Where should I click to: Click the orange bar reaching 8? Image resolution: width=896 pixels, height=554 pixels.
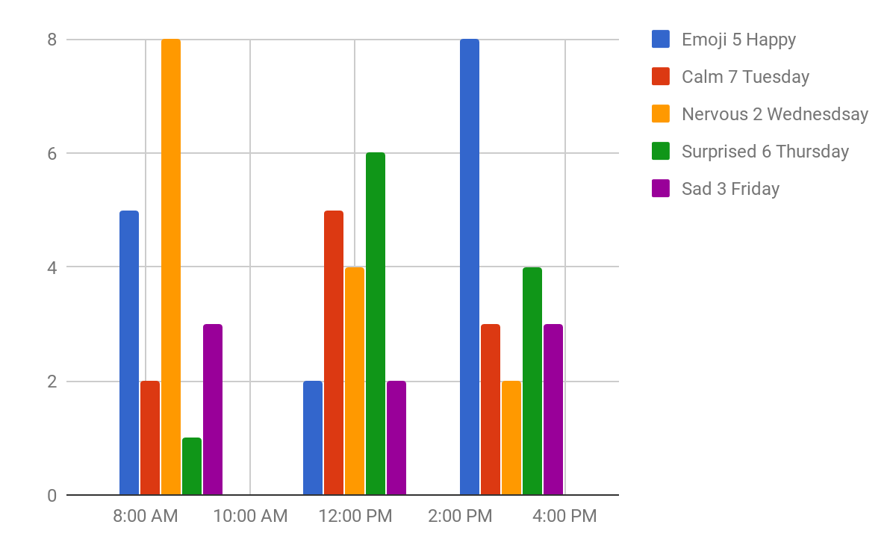[171, 267]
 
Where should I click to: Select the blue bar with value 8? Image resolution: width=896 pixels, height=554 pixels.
[470, 267]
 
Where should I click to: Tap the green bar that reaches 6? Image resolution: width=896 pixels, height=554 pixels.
[376, 323]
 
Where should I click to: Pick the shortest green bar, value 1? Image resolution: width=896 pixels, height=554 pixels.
[192, 466]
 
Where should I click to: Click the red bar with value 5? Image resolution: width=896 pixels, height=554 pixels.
[334, 352]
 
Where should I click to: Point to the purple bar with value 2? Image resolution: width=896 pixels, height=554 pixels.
[396, 438]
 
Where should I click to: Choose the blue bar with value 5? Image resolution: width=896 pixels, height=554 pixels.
[129, 352]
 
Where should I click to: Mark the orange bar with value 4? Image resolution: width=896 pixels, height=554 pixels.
[355, 381]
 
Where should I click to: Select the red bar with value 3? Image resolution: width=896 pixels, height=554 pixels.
[491, 409]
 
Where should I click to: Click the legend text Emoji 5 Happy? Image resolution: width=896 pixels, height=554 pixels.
[738, 40]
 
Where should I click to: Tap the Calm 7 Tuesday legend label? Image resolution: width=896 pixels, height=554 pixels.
[745, 77]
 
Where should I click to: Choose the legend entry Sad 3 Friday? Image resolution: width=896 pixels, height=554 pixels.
[730, 189]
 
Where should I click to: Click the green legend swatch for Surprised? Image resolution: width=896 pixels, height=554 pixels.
[661, 152]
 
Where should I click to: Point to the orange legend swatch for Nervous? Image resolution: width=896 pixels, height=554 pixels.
[661, 114]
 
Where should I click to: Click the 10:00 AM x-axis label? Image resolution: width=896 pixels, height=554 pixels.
[250, 517]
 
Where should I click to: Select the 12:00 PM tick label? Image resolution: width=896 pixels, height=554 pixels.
[355, 517]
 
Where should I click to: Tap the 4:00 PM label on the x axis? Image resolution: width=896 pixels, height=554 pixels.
[564, 517]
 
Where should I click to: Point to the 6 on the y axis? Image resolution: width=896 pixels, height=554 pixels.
[52, 153]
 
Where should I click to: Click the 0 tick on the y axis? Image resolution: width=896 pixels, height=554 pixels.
[52, 495]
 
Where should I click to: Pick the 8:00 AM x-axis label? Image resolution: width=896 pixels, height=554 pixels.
[146, 517]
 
